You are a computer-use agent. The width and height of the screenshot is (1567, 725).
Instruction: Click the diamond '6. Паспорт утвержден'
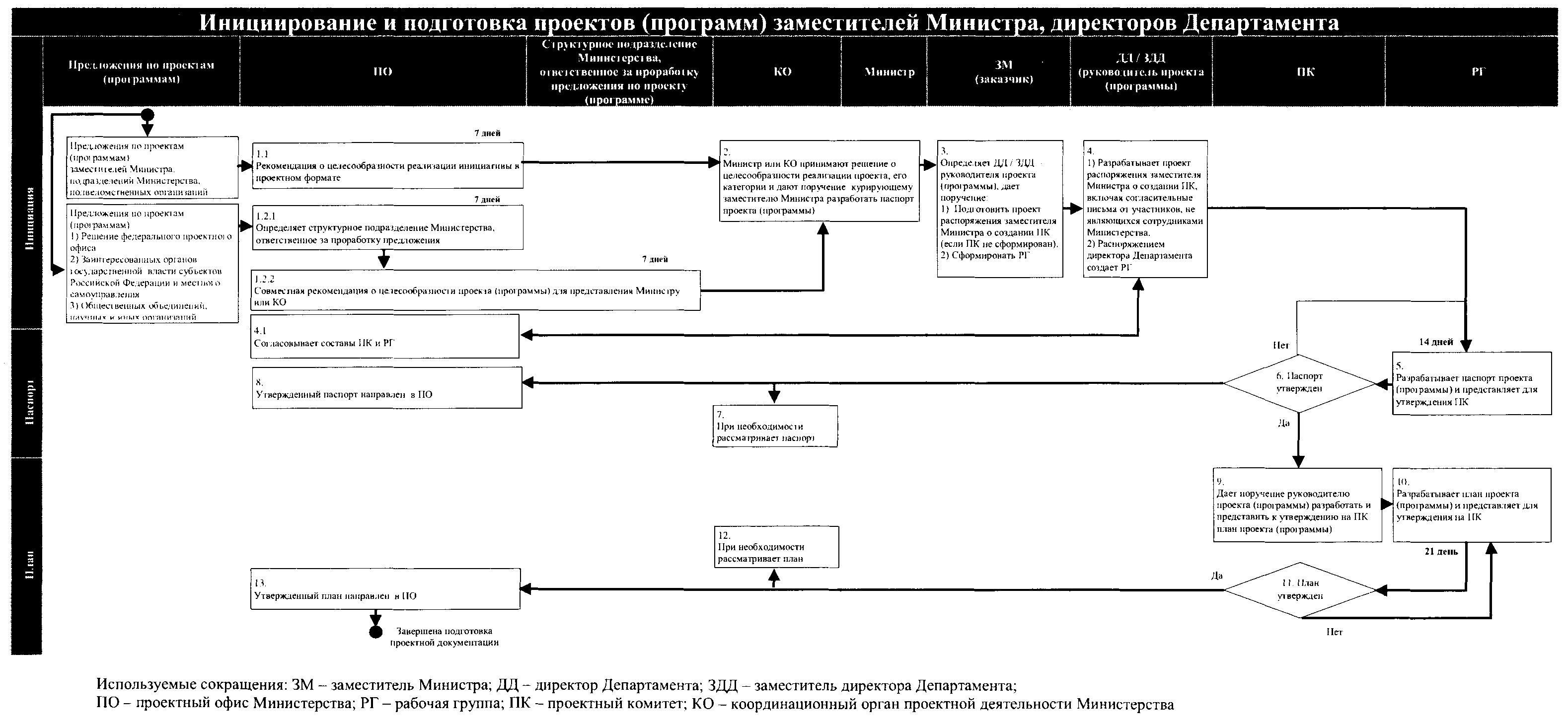tap(1299, 383)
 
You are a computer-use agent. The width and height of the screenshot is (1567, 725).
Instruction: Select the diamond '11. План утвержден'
tap(1300, 590)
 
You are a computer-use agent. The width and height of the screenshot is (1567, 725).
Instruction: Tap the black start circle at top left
tap(147, 115)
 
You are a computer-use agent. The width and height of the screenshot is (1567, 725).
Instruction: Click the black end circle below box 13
tap(375, 632)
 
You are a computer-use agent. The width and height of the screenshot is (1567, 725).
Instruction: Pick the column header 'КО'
tap(782, 72)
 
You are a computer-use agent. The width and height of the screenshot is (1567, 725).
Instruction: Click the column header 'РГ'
tap(1478, 72)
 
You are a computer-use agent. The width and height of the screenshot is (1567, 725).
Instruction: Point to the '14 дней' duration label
tap(1435, 342)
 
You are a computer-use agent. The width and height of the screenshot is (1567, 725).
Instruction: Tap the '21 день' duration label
tap(1441, 552)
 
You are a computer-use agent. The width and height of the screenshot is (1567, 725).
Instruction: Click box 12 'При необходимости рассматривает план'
tap(776, 547)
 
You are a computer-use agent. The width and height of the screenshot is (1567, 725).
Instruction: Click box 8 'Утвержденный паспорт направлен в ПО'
tap(387, 388)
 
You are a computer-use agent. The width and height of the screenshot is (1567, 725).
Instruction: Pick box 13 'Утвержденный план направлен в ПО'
tap(385, 589)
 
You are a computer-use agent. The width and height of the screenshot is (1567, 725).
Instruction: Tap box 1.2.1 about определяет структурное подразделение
tap(387, 227)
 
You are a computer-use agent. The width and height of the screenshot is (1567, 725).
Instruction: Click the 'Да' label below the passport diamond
tap(1283, 423)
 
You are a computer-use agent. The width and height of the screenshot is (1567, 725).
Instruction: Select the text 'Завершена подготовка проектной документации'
tap(444, 637)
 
